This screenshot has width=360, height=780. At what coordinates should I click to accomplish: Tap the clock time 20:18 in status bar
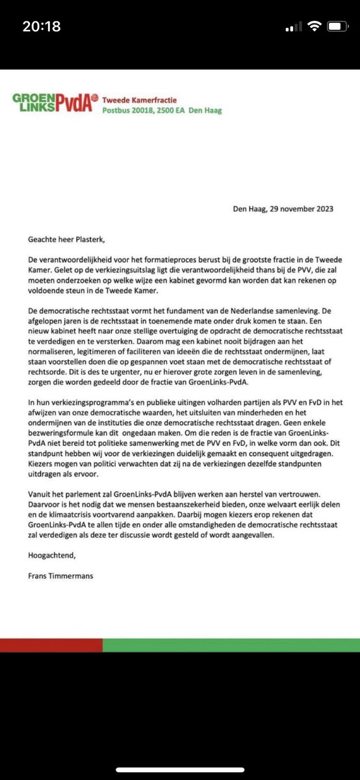tap(41, 27)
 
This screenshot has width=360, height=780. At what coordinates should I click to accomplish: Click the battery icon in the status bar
tap(337, 27)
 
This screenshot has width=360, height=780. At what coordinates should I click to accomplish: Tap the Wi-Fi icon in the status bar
tap(315, 27)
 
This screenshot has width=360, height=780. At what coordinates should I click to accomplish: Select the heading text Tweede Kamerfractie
tap(142, 99)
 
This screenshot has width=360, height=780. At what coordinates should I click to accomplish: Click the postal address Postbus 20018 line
tap(162, 110)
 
